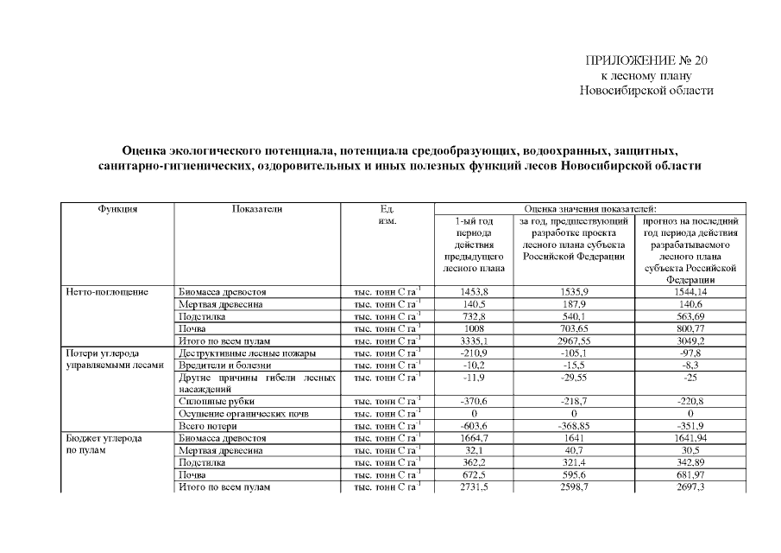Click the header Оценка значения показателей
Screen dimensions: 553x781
590,209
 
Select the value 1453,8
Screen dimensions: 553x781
474,293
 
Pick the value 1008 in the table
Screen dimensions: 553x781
474,329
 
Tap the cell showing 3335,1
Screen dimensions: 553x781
474,341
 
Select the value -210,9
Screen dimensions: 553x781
474,353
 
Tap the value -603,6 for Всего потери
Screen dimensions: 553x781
474,426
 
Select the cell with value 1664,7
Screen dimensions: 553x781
474,438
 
